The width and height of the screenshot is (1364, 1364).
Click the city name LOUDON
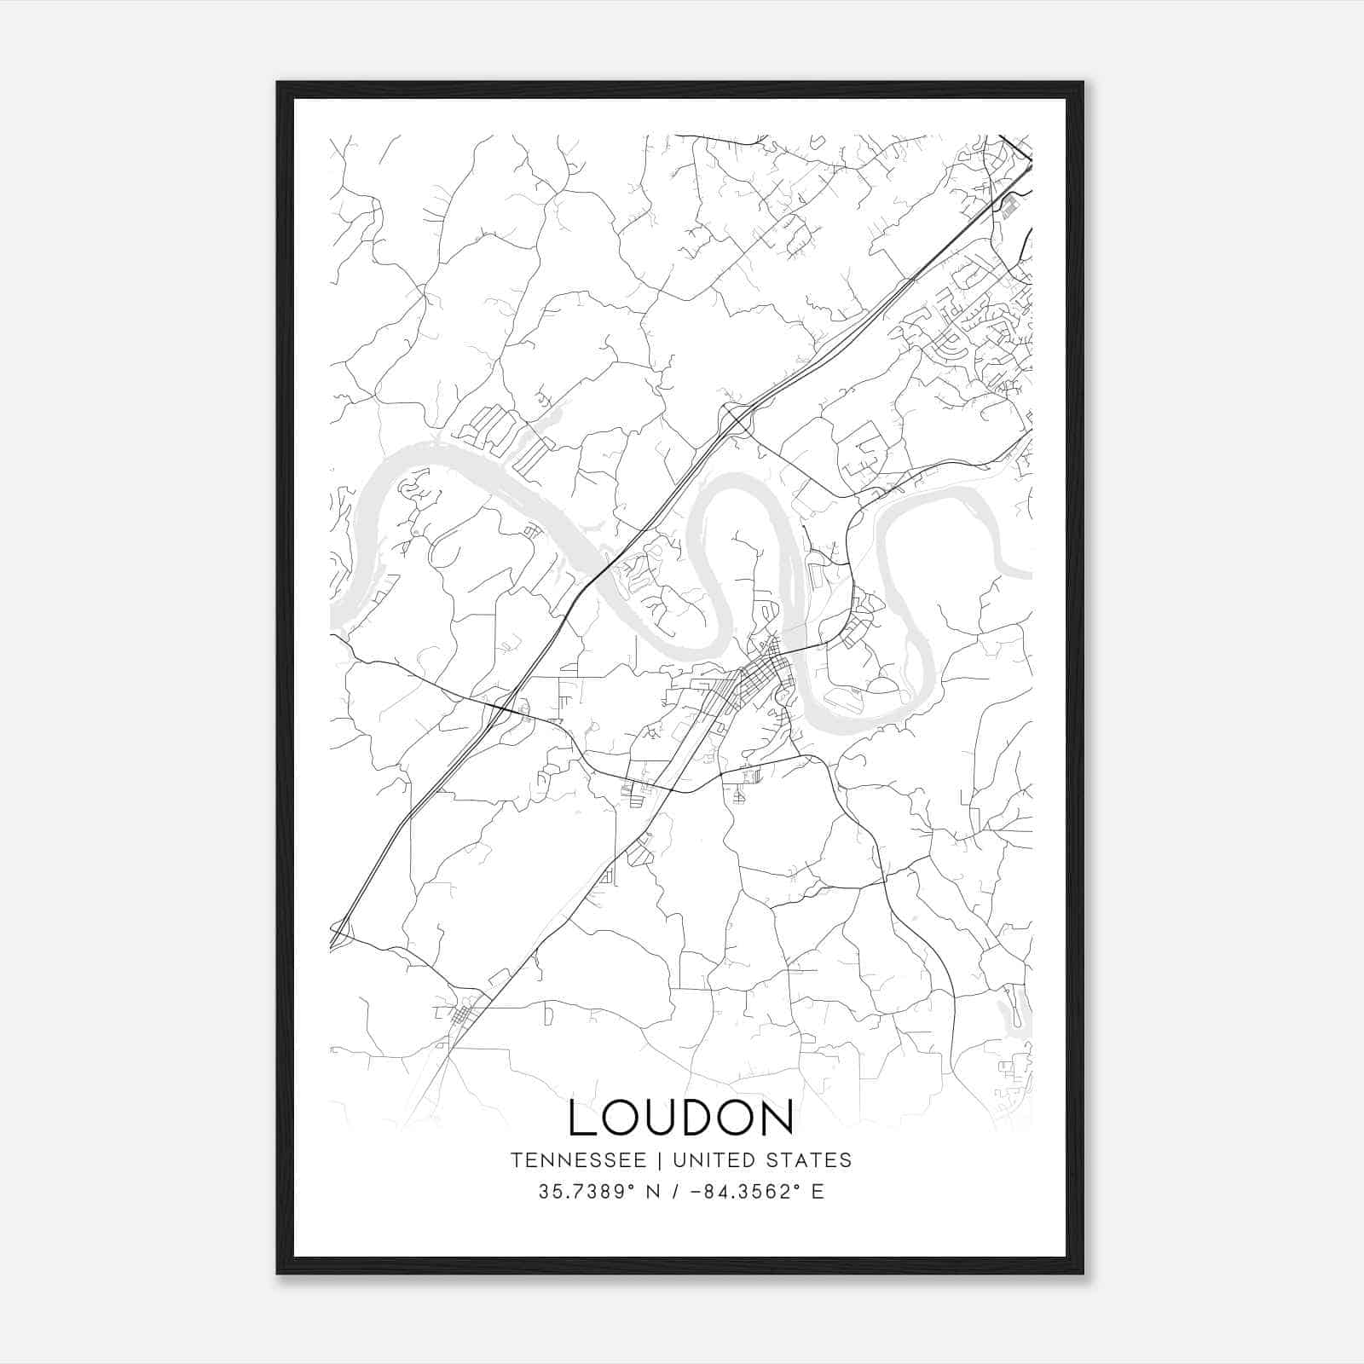[681, 1118]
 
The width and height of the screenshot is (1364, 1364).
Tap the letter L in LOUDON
[583, 1118]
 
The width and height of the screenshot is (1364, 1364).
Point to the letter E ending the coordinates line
[818, 1192]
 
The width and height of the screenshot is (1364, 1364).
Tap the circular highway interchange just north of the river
[734, 419]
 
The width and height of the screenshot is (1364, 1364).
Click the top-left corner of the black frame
[278, 83]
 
